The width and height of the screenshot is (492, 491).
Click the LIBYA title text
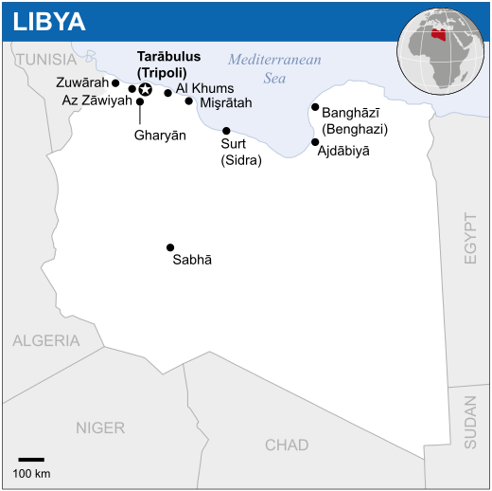pyautogui.click(x=49, y=21)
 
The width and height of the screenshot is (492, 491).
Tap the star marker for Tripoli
pyautogui.click(x=145, y=89)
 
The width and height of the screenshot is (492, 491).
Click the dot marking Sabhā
pyautogui.click(x=170, y=247)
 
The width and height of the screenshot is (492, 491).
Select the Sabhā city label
pyautogui.click(x=192, y=260)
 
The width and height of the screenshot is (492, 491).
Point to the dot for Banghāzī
pyautogui.click(x=315, y=108)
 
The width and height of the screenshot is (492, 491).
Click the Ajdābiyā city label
pyautogui.click(x=343, y=150)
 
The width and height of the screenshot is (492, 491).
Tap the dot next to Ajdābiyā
pyautogui.click(x=315, y=142)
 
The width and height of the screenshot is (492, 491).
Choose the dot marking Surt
pyautogui.click(x=226, y=131)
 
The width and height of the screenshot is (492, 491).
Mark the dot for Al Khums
pyautogui.click(x=168, y=93)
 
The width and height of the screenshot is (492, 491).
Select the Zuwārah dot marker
pyautogui.click(x=115, y=82)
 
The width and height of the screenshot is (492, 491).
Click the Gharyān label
pyautogui.click(x=160, y=136)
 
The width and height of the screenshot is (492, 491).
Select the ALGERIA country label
pyautogui.click(x=46, y=341)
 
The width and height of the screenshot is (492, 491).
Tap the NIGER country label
pyautogui.click(x=100, y=427)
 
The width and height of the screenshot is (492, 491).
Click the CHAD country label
pyautogui.click(x=287, y=445)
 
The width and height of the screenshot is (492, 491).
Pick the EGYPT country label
pyautogui.click(x=470, y=237)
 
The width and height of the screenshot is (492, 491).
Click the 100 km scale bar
pyautogui.click(x=31, y=460)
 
